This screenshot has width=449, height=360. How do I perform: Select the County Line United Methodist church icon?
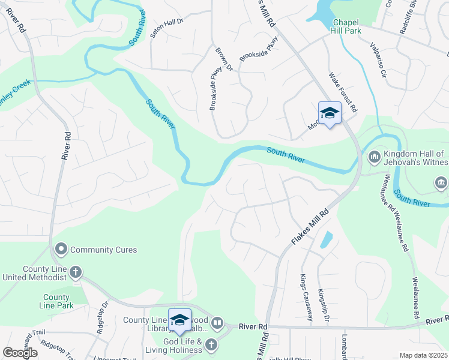76,272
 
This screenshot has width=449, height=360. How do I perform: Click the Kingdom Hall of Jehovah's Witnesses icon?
373,157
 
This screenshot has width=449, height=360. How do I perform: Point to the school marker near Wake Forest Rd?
330,113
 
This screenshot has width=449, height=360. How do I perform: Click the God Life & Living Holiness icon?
210,344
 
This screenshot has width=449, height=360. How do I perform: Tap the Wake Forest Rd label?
343,92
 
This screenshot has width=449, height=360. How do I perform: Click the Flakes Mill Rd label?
311,226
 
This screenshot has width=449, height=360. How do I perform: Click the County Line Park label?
57,301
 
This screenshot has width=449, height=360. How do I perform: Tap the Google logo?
20,353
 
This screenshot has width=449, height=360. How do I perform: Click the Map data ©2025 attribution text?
423,355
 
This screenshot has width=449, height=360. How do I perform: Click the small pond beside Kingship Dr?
325,239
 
